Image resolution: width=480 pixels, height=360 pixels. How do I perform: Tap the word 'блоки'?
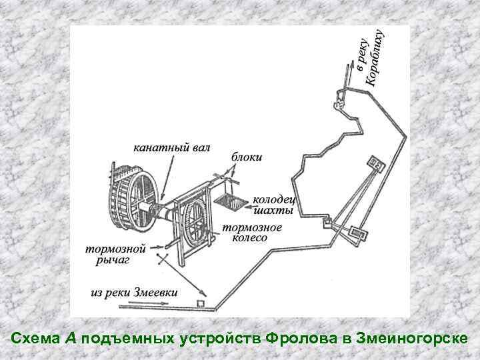(247, 157)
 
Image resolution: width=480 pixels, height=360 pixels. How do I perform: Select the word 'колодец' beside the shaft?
(273, 199)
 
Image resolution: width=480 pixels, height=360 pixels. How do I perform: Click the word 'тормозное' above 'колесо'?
(252, 227)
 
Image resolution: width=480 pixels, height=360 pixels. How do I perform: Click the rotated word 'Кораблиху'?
(375, 58)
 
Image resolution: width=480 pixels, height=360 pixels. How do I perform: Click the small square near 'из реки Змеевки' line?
(199, 304)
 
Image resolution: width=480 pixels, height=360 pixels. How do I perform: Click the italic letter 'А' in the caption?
(71, 339)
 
